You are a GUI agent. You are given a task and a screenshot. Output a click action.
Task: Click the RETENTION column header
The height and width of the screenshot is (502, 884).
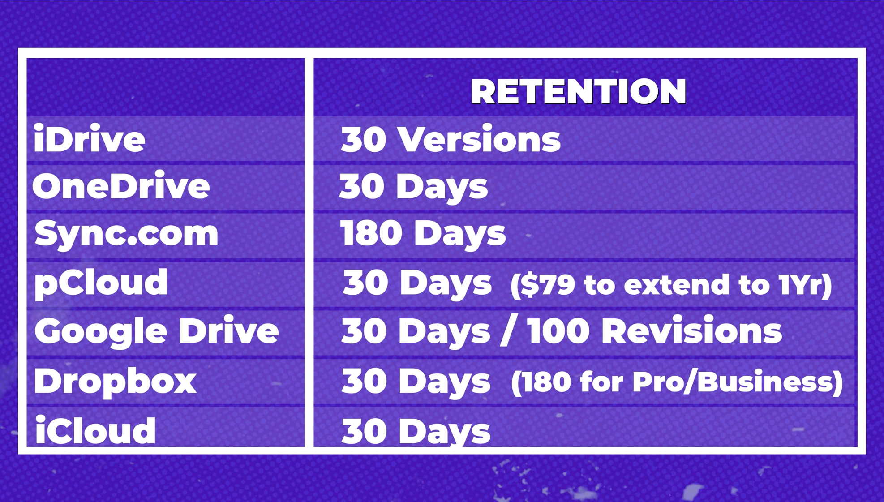578,91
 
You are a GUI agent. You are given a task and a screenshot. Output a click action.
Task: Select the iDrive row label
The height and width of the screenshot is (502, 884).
90,139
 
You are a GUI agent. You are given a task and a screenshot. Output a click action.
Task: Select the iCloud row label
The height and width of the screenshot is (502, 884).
95,429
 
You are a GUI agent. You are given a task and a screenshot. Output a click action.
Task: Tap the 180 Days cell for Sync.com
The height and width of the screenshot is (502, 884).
423,234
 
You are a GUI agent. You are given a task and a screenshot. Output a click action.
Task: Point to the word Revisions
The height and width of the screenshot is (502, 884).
691,331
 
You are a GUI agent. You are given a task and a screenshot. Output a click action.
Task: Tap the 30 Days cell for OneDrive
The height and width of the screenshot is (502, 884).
413,187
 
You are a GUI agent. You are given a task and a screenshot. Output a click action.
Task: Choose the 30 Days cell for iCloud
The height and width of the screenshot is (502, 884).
416,431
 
